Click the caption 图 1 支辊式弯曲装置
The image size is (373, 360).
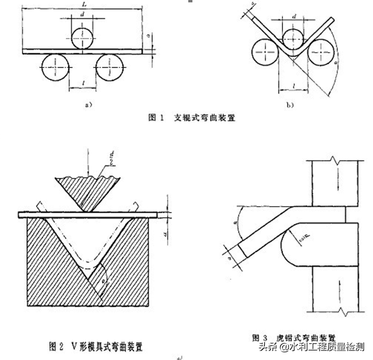click(x=191, y=118)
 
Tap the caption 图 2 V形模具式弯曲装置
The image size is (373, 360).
click(x=96, y=345)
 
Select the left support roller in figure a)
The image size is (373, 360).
click(x=54, y=67)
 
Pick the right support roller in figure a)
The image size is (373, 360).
click(x=110, y=67)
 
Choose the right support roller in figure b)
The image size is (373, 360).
click(x=320, y=53)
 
